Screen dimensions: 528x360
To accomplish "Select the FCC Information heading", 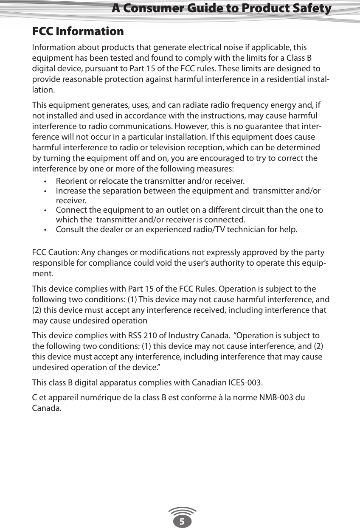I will [x=78, y=31].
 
